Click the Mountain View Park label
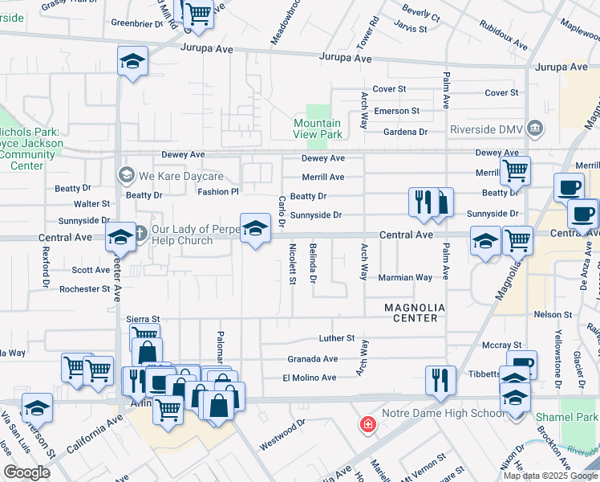[x=317, y=129]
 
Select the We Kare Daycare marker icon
[x=125, y=174]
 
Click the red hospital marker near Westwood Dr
[x=368, y=423]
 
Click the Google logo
[x=27, y=472]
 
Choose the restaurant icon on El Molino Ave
[x=440, y=378]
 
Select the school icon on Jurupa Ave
[x=133, y=61]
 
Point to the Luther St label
[x=336, y=339]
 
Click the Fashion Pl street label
[x=219, y=192]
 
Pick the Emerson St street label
[x=398, y=111]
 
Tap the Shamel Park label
[x=579, y=418]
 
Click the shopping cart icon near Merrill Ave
[x=515, y=170]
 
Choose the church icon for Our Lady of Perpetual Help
[x=140, y=234]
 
